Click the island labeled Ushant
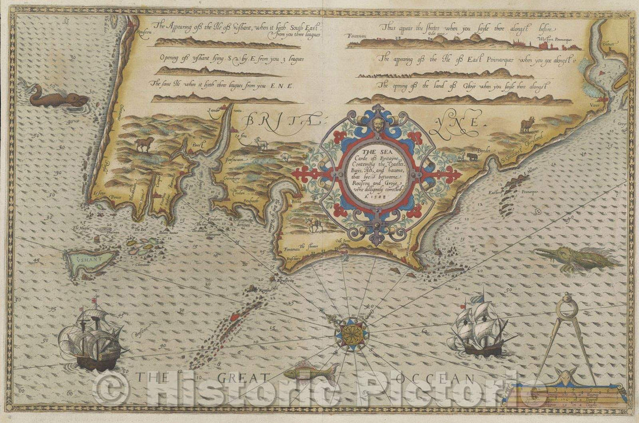89,262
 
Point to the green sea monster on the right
577,259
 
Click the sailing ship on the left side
92,338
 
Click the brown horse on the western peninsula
144,143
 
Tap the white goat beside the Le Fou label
259,142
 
